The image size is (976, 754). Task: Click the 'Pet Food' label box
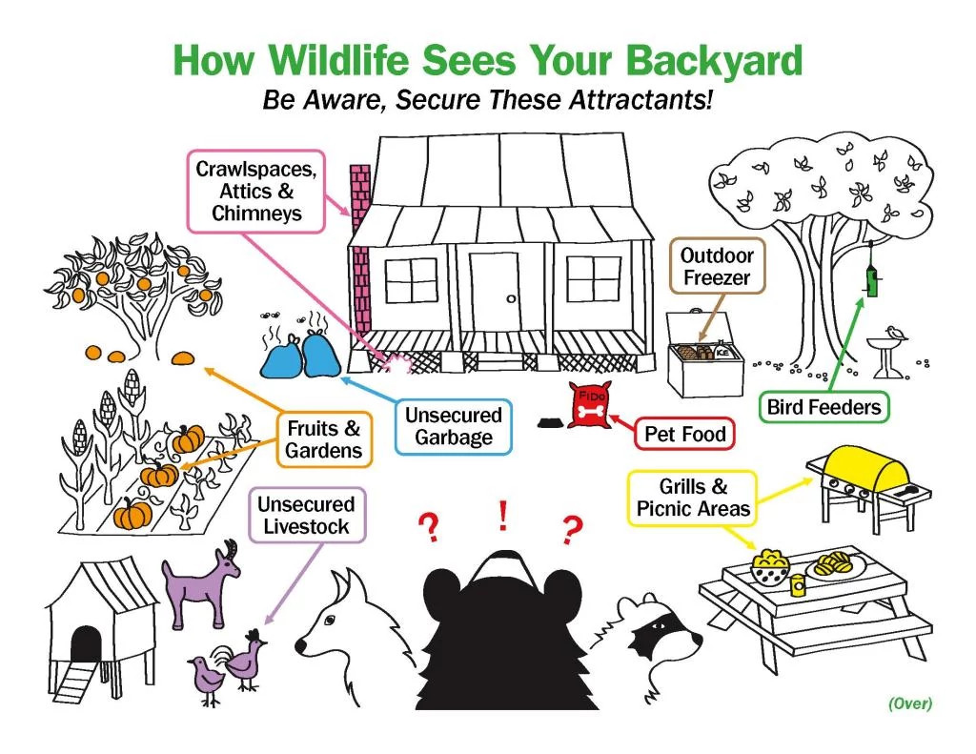pyautogui.click(x=684, y=434)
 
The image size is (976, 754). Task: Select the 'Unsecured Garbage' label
pyautogui.click(x=453, y=426)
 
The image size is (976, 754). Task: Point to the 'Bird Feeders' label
pyautogui.click(x=823, y=408)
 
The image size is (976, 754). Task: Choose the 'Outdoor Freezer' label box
pyautogui.click(x=716, y=267)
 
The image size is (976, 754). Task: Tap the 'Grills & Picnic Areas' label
pyautogui.click(x=693, y=498)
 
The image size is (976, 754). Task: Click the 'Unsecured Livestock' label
pyautogui.click(x=305, y=515)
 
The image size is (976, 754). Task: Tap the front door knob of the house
pyautogui.click(x=511, y=299)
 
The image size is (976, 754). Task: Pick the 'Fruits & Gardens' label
pyautogui.click(x=324, y=438)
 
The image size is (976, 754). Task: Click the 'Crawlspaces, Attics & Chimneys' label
pyautogui.click(x=256, y=191)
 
